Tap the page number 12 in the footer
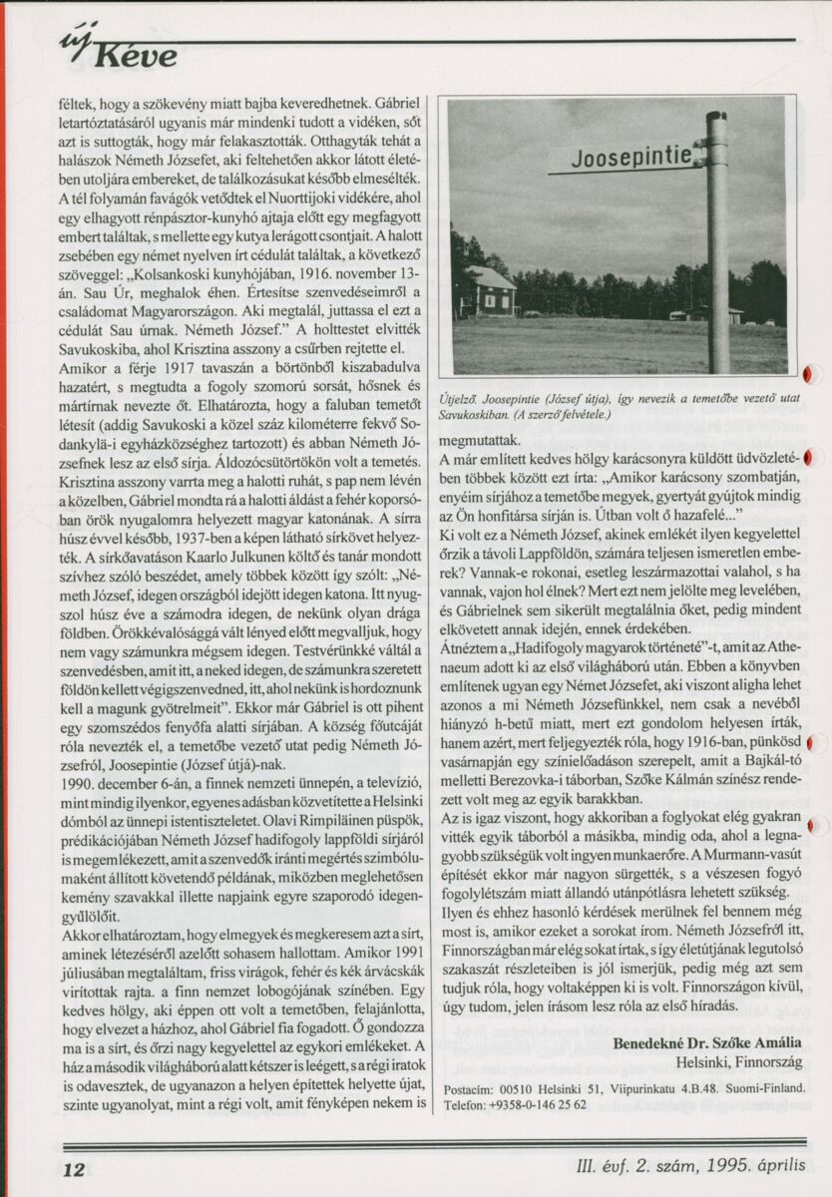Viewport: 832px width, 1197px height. (x=75, y=1169)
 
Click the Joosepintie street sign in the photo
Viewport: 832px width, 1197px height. (x=620, y=157)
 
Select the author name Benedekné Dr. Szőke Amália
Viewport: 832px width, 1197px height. (x=707, y=1044)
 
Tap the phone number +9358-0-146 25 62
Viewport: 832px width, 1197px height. (x=539, y=1105)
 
